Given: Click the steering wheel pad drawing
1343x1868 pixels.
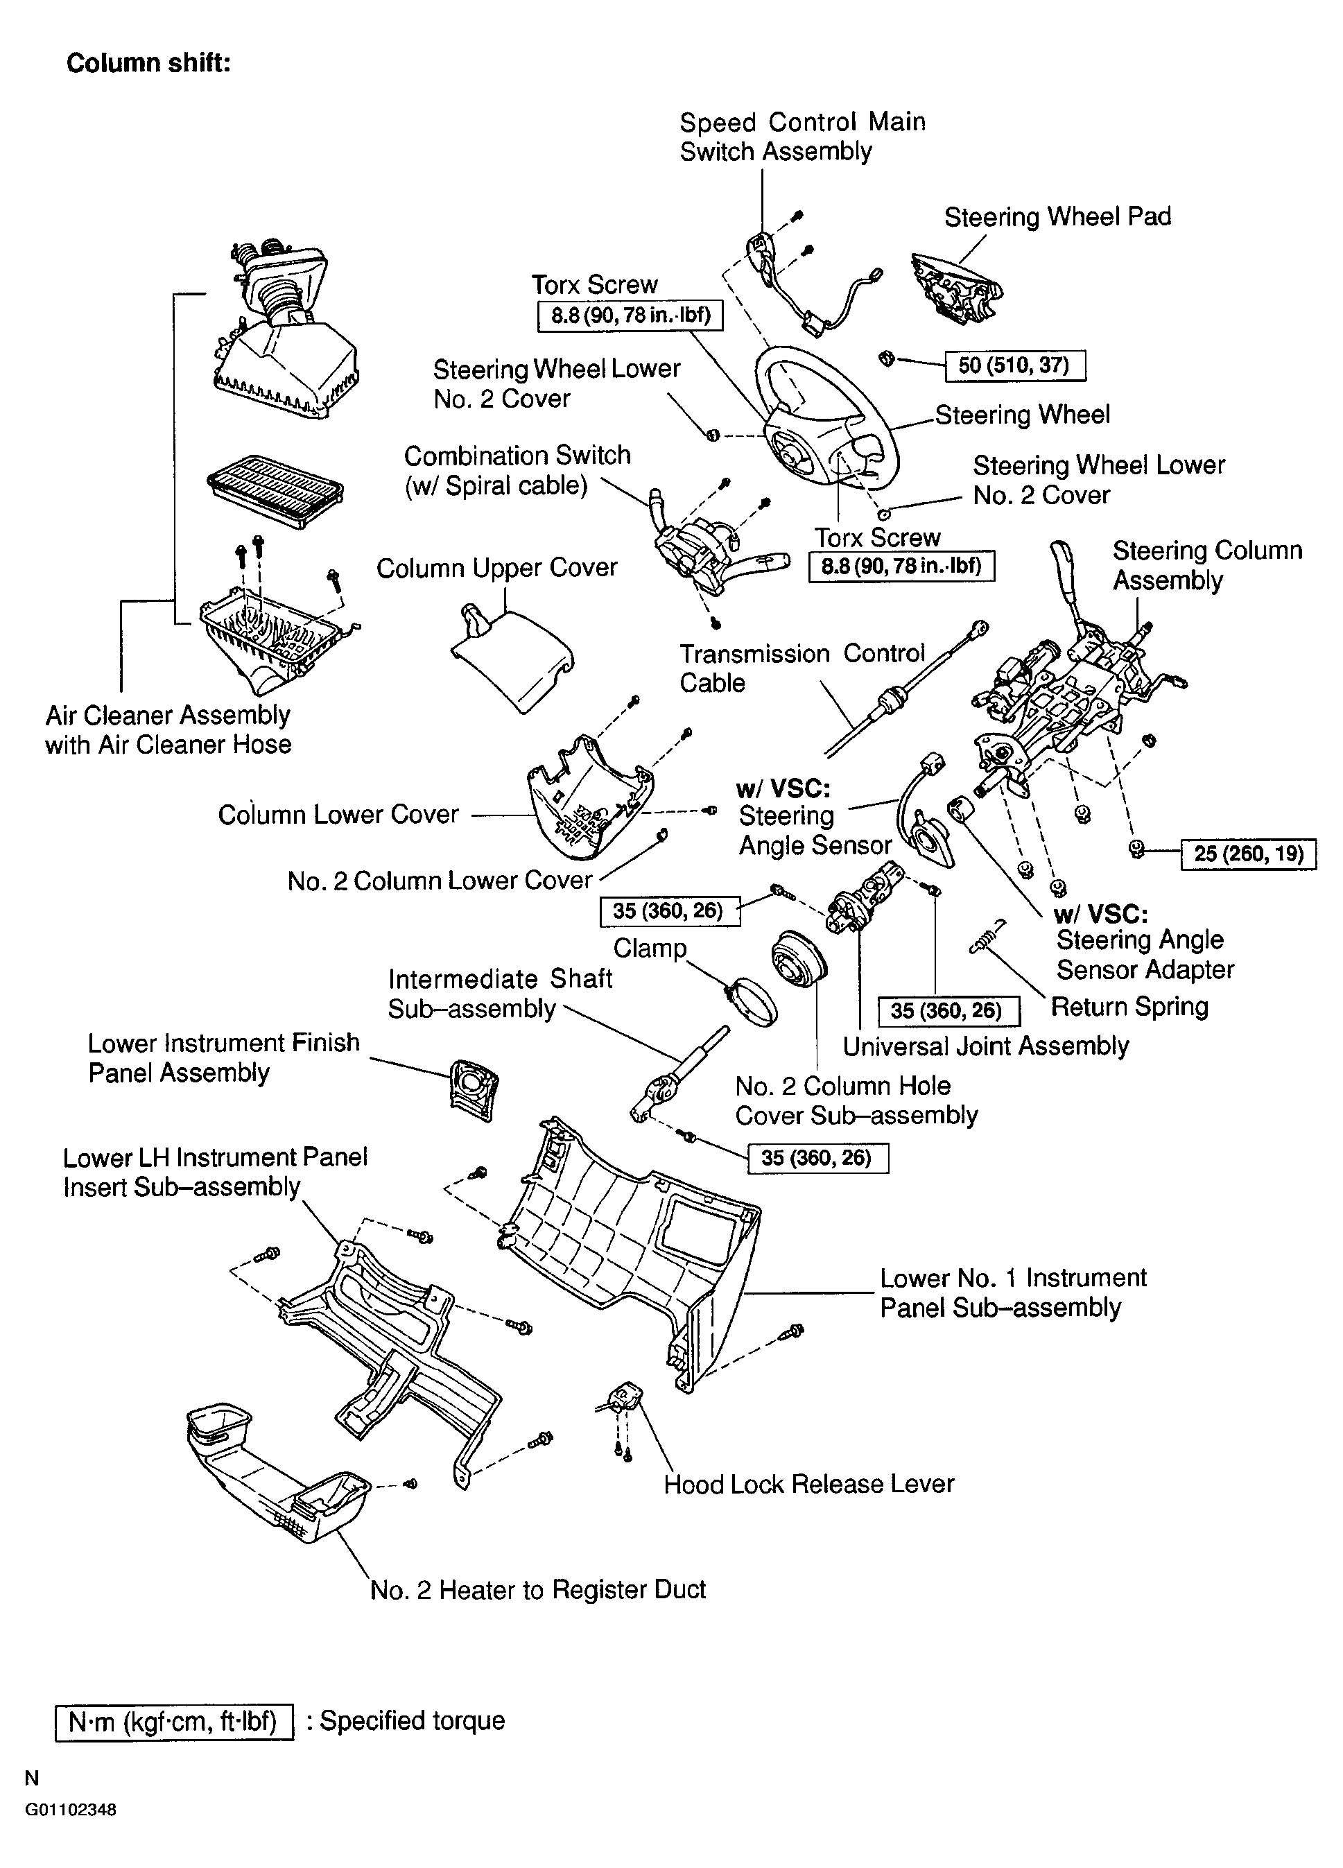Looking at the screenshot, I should pos(956,288).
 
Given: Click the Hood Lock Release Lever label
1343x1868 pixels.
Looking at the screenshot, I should pos(808,1484).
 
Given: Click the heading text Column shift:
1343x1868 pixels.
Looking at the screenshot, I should pos(148,63).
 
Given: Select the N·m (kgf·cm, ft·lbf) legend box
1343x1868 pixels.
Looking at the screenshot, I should pos(174,1722).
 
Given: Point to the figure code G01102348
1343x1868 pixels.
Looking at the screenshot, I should pos(70,1810).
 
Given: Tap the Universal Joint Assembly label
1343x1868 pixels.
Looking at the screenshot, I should pos(985,1046).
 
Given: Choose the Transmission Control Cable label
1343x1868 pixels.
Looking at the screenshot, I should pos(802,668).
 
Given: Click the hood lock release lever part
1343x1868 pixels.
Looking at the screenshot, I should pos(622,1399).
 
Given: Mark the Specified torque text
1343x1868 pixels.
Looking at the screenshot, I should pos(412,1720).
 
